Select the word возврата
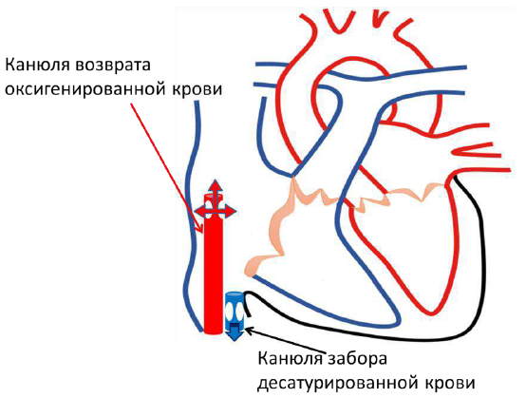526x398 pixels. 113,66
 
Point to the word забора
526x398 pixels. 358,358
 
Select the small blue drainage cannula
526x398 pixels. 235,312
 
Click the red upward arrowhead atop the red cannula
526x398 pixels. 215,186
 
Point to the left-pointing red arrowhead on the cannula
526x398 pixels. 200,211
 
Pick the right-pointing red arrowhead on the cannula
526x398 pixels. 230,211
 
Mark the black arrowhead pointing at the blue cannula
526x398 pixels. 249,330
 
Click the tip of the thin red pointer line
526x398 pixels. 202,233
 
